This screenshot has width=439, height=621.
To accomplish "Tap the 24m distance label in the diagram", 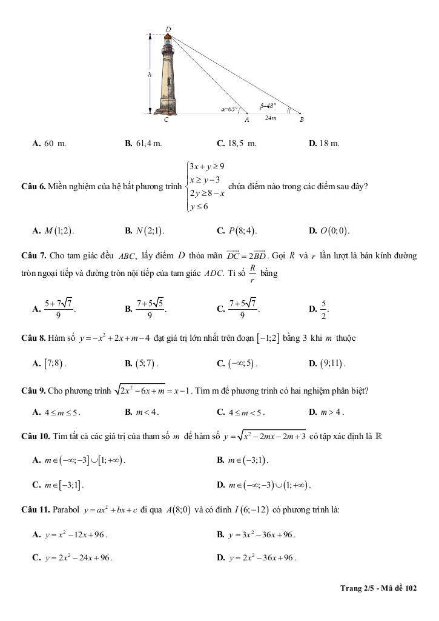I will pyautogui.click(x=270, y=118).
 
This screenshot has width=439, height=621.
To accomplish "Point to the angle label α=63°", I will pyautogui.click(x=229, y=109).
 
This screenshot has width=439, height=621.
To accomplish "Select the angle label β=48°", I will pyautogui.click(x=268, y=104).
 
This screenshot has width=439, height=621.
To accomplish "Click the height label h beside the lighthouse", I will pyautogui.click(x=150, y=74).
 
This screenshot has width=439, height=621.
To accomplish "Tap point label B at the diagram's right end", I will pyautogui.click(x=302, y=120).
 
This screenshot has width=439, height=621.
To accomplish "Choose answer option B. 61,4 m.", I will pyautogui.click(x=144, y=144).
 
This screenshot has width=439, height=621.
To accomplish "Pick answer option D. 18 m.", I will pyautogui.click(x=324, y=144).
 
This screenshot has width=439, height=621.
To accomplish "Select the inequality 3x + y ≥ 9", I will pyautogui.click(x=207, y=166).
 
